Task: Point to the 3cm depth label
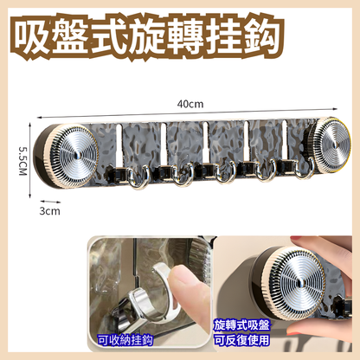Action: [49, 210]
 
